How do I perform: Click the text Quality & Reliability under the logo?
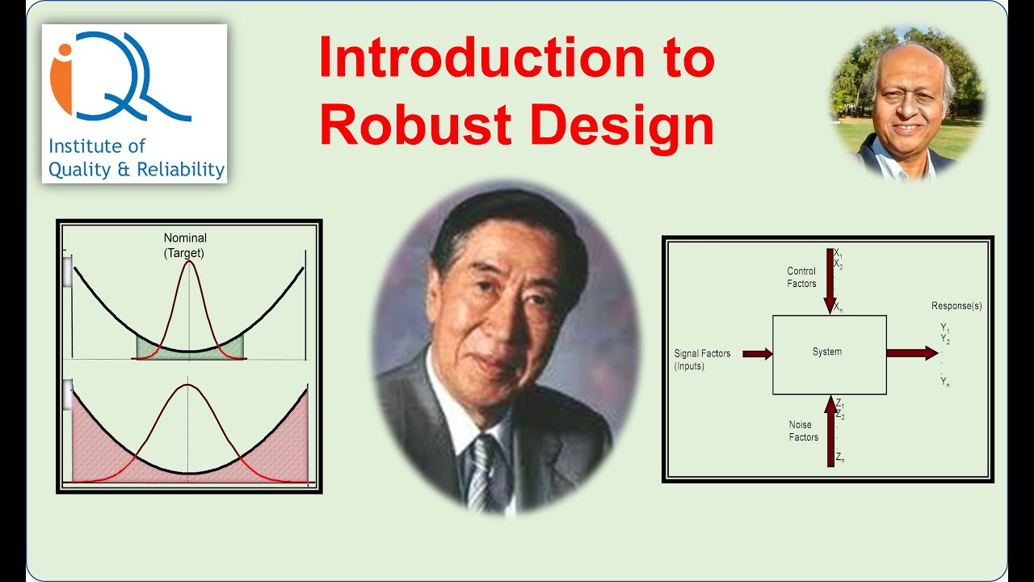tap(136, 170)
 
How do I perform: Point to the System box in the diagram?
tap(829, 353)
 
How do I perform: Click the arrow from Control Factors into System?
tap(830, 283)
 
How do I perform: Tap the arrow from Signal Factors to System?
tap(757, 353)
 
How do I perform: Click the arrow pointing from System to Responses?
tap(911, 353)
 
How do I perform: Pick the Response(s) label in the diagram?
tap(956, 306)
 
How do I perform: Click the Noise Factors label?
tap(804, 431)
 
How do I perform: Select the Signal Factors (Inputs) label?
tap(700, 360)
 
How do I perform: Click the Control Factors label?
tap(802, 277)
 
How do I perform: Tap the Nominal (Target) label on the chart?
tap(185, 245)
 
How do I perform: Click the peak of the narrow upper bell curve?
tap(189, 262)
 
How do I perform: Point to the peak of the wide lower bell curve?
tap(188, 386)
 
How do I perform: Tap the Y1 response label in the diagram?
tap(944, 327)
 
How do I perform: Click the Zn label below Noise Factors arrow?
tap(841, 458)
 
